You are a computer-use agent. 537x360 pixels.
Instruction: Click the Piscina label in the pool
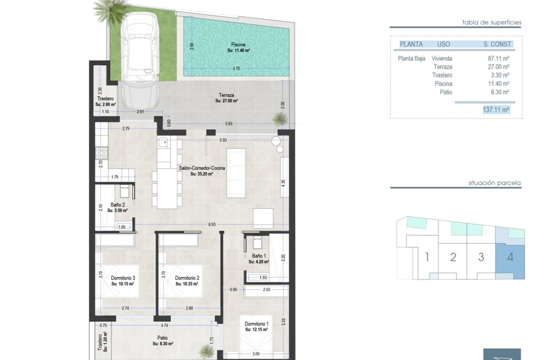pyautogui.click(x=238, y=44)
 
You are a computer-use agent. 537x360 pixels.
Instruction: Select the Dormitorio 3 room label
pyautogui.click(x=123, y=278)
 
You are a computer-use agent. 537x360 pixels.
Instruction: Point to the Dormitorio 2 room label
pyautogui.click(x=187, y=278)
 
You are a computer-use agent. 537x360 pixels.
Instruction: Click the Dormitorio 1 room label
pyautogui.click(x=257, y=324)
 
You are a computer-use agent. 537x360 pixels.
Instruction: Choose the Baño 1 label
pyautogui.click(x=259, y=256)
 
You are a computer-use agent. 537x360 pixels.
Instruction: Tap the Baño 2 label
pyautogui.click(x=117, y=205)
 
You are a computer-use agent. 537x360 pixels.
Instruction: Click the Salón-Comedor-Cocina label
pyautogui.click(x=202, y=168)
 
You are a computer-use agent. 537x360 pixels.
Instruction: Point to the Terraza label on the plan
pyautogui.click(x=227, y=95)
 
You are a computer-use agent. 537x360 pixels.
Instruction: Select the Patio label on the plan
pyautogui.click(x=162, y=338)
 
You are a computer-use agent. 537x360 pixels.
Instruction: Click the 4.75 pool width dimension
pyautogui.click(x=236, y=68)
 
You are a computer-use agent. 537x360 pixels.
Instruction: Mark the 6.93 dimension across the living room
pyautogui.click(x=212, y=225)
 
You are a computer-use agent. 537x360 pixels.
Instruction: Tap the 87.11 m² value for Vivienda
pyautogui.click(x=498, y=59)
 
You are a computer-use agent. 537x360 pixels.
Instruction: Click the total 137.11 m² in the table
pyautogui.click(x=496, y=110)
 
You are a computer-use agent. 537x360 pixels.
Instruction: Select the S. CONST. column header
pyautogui.click(x=498, y=44)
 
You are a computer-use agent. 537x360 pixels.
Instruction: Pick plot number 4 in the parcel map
pyautogui.click(x=510, y=257)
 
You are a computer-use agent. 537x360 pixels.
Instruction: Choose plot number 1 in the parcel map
pyautogui.click(x=427, y=257)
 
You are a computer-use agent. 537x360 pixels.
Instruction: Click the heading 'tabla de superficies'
pyautogui.click(x=492, y=22)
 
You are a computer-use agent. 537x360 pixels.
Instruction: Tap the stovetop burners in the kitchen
pyautogui.click(x=102, y=153)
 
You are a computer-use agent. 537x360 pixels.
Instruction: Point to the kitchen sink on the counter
pyautogui.click(x=163, y=142)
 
